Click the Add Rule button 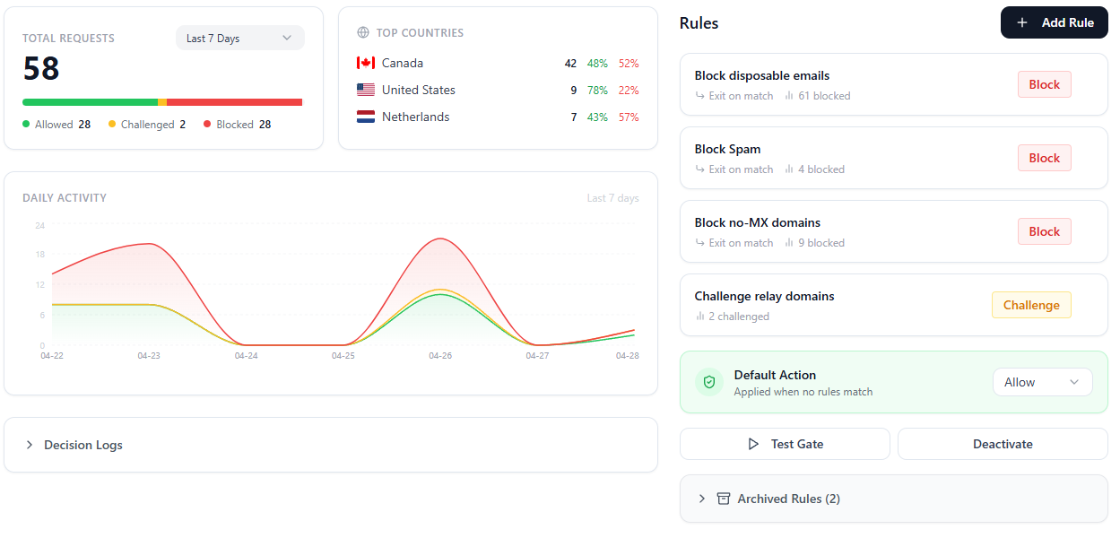tap(1054, 22)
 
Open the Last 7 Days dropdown tap(240, 38)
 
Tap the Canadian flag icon tap(366, 63)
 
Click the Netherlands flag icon tap(366, 117)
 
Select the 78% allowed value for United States tap(597, 91)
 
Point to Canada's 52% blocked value tap(629, 64)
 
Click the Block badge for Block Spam tap(1045, 158)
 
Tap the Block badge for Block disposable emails tap(1045, 84)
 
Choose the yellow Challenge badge tap(1031, 305)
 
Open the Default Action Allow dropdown tap(1043, 383)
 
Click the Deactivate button tap(1003, 444)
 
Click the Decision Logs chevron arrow tap(30, 445)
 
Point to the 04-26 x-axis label tap(440, 355)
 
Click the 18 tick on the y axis tap(40, 255)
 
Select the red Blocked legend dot tap(207, 124)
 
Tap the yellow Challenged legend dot tap(112, 124)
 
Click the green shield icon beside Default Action tap(709, 383)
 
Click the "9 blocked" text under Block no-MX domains tap(821, 243)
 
